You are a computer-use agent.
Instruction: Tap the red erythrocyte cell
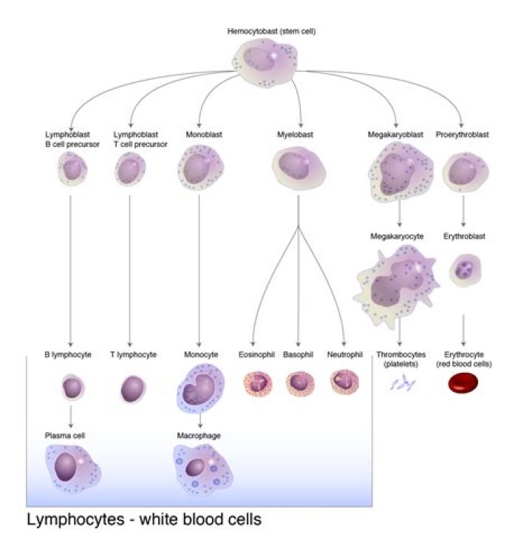[x=463, y=382]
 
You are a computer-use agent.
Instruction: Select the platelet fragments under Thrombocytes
[x=403, y=383]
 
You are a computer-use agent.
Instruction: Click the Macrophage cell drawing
[x=201, y=467]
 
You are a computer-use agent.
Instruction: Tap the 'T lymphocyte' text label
[x=133, y=355]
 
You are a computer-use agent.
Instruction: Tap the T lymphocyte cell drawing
[x=133, y=388]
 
